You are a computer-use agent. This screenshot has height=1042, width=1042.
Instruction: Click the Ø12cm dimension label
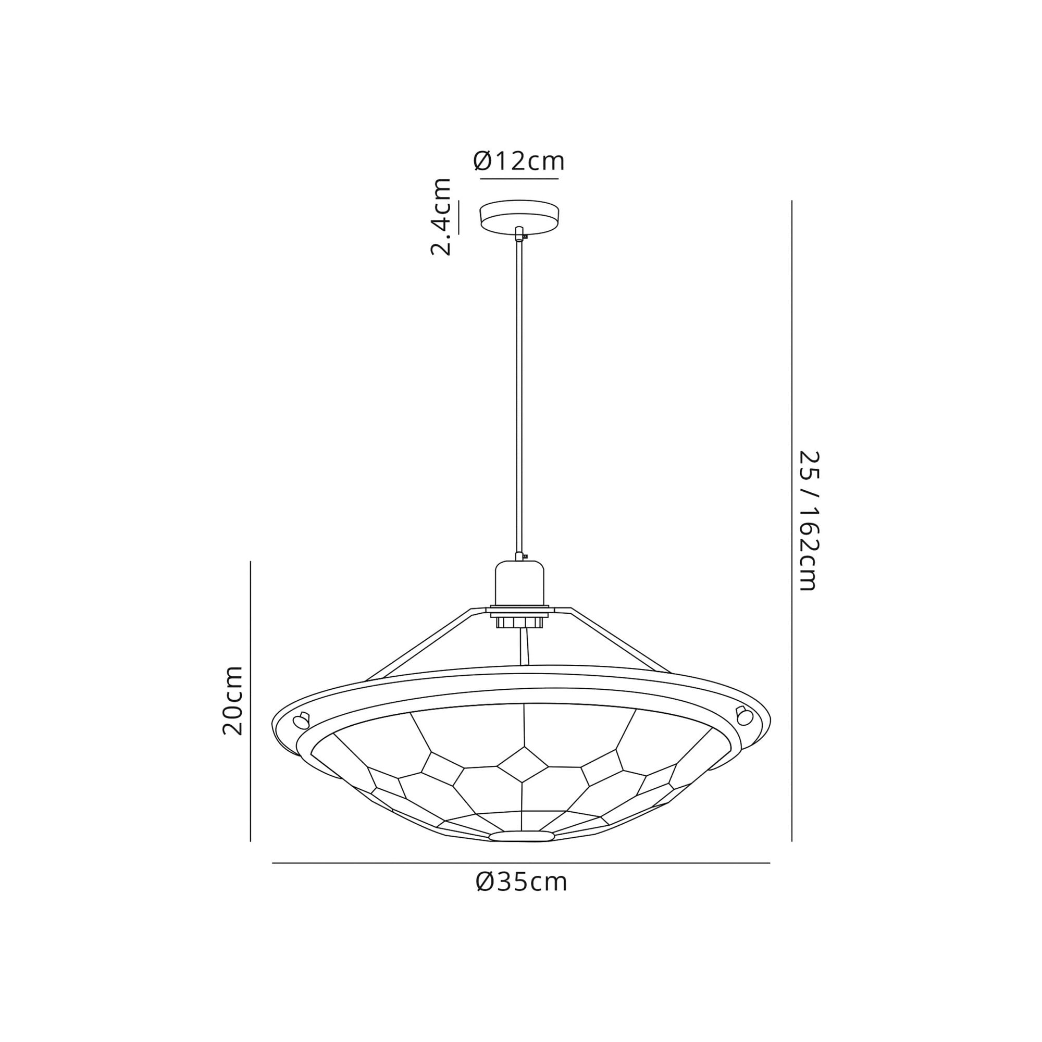(519, 160)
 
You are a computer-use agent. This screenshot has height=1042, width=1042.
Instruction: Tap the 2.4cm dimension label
(441, 216)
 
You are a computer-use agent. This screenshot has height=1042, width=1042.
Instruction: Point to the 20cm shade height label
(233, 701)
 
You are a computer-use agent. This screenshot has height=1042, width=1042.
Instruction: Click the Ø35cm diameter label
(521, 883)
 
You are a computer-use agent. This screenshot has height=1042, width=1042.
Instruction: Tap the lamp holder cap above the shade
(519, 582)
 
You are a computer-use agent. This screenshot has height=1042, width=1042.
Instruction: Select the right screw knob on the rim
(745, 716)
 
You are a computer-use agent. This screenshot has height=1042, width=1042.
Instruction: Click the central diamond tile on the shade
(523, 764)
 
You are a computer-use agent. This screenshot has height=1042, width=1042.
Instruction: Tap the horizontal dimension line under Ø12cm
(519, 178)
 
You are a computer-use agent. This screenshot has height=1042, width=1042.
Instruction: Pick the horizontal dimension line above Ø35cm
(521, 863)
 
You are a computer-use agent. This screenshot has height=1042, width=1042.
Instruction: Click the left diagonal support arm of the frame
(418, 644)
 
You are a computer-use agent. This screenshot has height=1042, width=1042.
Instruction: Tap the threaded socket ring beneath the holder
(519, 623)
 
